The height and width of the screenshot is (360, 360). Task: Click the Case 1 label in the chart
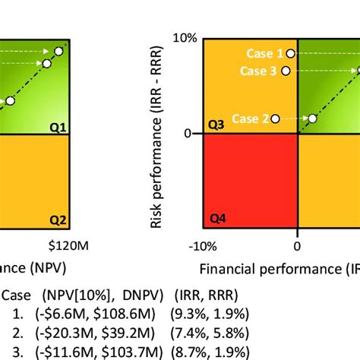click(263, 53)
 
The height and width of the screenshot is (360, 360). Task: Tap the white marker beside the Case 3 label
click(286, 71)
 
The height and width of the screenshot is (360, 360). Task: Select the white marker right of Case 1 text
click(291, 54)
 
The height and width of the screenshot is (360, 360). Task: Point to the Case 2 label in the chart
click(250, 118)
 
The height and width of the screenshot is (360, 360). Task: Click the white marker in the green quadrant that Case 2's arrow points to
click(312, 118)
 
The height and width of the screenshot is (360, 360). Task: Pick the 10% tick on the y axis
click(185, 37)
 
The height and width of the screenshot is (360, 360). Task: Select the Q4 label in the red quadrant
click(217, 220)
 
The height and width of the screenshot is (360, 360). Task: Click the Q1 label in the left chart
click(58, 125)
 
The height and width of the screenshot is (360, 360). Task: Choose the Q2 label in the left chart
click(58, 220)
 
